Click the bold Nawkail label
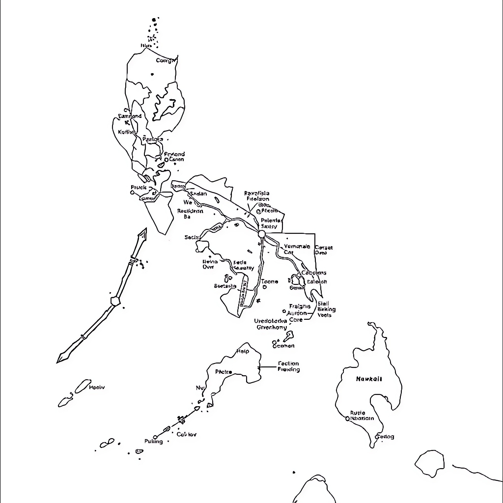(369, 379)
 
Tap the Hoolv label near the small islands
(97, 387)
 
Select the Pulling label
(154, 441)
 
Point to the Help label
(243, 351)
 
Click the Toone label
(270, 281)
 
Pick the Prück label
(139, 187)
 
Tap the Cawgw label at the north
(166, 61)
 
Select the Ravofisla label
(257, 194)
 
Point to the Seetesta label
(225, 286)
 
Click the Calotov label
(186, 434)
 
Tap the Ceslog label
(385, 437)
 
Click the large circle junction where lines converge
(262, 234)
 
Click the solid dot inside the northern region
(152, 74)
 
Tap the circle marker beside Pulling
(155, 437)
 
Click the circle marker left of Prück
(132, 193)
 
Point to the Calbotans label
(314, 273)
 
